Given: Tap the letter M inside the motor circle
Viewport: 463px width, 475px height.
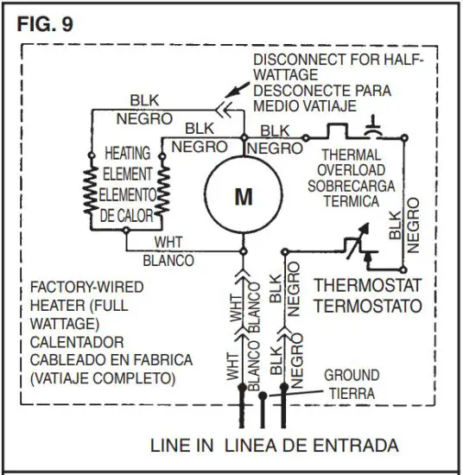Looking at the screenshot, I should pyautogui.click(x=244, y=197).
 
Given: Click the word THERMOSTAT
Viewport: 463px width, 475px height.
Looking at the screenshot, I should pyautogui.click(x=367, y=284).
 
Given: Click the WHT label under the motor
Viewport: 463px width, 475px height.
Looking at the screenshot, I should pyautogui.click(x=168, y=243).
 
